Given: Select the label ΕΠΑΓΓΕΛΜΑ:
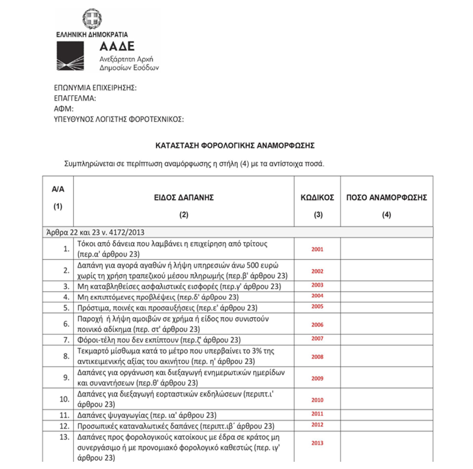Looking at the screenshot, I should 75,98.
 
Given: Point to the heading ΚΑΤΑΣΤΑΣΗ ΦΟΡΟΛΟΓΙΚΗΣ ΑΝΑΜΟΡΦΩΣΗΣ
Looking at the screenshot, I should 236,146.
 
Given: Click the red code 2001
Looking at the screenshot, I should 317,249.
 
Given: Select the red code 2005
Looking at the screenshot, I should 317,307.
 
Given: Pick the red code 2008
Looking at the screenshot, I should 317,357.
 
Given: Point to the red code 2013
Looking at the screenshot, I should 317,443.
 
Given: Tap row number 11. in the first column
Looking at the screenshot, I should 65,414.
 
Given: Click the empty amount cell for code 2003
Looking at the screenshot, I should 387,285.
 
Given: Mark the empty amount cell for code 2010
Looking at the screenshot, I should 387,400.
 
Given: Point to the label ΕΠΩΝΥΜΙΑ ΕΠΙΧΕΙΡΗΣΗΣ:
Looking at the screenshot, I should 95,87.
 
